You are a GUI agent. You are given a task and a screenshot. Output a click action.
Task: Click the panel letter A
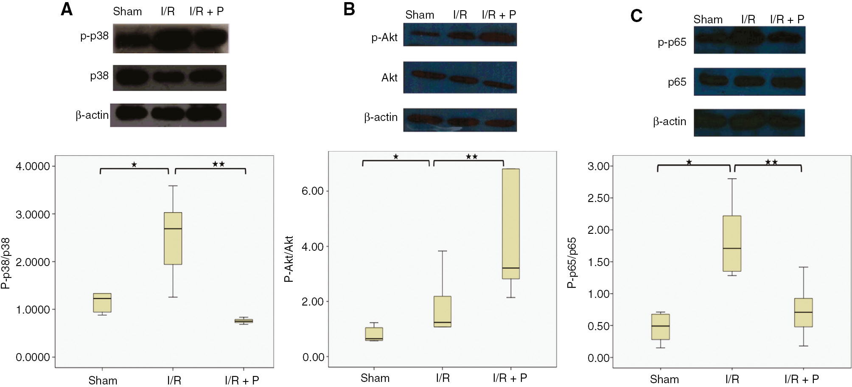[x=67, y=9]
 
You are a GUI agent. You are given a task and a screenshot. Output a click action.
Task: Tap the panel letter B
[x=349, y=9]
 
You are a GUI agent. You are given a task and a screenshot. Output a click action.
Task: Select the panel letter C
[x=636, y=16]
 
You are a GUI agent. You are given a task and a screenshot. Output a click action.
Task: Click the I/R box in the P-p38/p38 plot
[x=173, y=238]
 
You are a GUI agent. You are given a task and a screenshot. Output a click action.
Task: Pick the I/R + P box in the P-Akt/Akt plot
[x=511, y=224]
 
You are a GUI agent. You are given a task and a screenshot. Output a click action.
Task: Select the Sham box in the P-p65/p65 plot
[x=661, y=327]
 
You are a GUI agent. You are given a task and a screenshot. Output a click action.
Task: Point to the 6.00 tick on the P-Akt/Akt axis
[x=313, y=191]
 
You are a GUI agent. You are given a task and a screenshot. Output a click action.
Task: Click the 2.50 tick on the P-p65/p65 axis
[x=598, y=198]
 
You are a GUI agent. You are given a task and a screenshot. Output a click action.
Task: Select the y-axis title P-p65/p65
[x=572, y=263]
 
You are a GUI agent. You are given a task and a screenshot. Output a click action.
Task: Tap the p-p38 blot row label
[x=95, y=36]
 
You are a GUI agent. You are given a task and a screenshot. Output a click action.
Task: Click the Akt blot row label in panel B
[x=389, y=78]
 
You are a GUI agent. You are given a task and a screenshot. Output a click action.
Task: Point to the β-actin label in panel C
[x=670, y=122]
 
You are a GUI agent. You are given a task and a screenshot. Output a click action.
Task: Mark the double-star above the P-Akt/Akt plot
[x=471, y=157]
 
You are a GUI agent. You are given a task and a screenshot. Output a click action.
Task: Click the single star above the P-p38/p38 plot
[x=134, y=165]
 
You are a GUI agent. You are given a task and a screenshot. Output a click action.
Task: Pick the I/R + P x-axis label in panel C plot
[x=802, y=379]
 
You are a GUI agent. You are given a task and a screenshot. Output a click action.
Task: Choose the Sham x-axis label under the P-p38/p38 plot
[x=103, y=380]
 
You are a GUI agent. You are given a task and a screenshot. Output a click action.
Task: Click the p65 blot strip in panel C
[x=749, y=81]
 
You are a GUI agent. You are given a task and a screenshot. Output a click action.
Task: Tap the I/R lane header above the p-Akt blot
[x=460, y=15]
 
